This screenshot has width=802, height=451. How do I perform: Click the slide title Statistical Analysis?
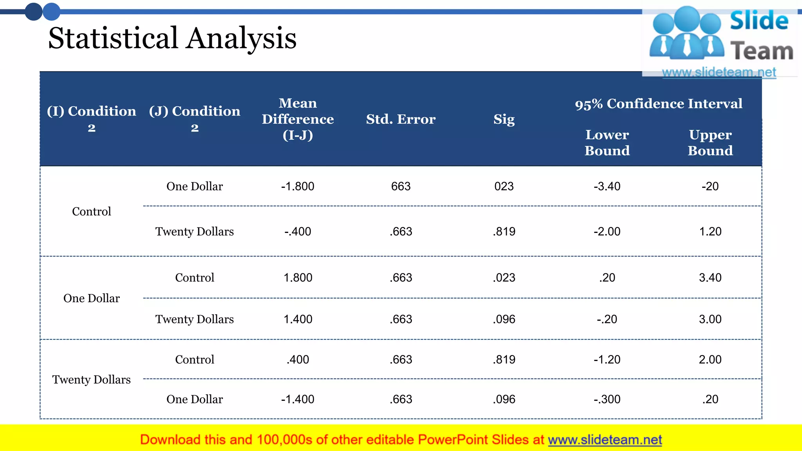pos(172,38)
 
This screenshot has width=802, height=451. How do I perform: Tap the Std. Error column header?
pos(401,119)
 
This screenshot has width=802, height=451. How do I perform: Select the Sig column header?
pos(504,119)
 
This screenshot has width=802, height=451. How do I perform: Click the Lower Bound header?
pos(607,143)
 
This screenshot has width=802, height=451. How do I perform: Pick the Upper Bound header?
pos(710,143)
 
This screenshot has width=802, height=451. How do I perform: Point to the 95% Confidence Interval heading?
pos(658,104)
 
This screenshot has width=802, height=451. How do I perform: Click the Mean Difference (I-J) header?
pos(298,119)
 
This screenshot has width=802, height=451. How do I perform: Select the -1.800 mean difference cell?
pos(298,186)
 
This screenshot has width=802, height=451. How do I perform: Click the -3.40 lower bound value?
pos(607,186)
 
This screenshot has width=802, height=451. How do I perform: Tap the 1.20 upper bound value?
pos(710,231)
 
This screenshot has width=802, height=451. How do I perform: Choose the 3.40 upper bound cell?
pos(710,278)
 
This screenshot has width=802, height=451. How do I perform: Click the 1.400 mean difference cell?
pos(298,319)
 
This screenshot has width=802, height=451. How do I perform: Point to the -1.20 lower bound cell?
pos(607,359)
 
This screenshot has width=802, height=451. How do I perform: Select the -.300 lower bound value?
pos(607,399)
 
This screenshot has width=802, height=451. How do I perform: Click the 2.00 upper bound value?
pos(710,359)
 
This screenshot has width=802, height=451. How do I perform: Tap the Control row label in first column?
pos(92,211)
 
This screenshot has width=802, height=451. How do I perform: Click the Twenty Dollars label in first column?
pos(92,379)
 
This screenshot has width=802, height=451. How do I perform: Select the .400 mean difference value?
pos(298,359)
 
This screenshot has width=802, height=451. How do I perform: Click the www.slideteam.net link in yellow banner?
pos(605,440)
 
